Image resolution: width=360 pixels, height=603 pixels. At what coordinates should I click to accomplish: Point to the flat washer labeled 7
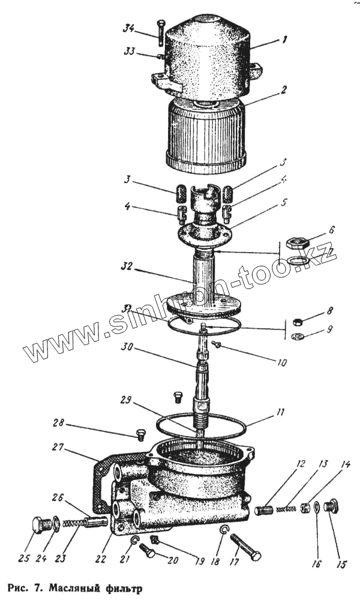tap(295, 260)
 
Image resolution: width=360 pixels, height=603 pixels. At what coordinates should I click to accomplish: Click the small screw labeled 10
tap(217, 344)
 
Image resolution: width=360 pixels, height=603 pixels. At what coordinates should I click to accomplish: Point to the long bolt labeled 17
tap(245, 546)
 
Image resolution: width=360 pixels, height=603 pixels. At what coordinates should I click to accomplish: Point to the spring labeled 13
tap(288, 509)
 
